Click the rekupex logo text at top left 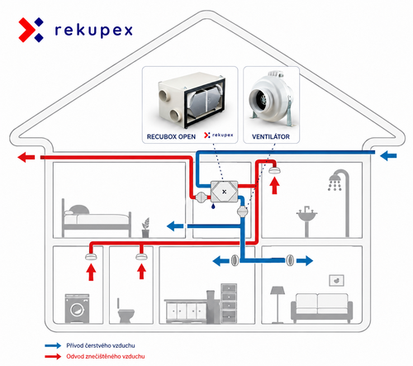94,30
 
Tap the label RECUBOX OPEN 171,136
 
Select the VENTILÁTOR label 271,136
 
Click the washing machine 77,308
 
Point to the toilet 126,311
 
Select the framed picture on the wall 336,280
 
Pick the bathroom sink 307,217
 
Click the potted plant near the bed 145,227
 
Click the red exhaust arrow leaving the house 26,157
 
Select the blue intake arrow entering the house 388,156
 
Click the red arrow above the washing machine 91,272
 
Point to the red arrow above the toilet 141,272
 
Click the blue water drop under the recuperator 213,206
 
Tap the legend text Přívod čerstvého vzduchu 101,345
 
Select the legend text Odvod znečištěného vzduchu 106,356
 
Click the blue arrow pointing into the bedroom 175,226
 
